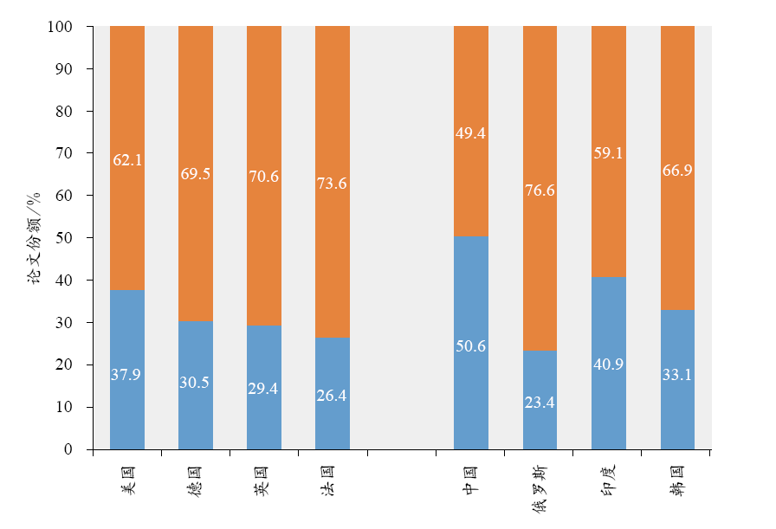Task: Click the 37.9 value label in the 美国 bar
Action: click(x=126, y=375)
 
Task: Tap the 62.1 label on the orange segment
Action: click(x=127, y=159)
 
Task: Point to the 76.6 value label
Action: click(x=540, y=190)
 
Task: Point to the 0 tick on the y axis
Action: click(x=77, y=449)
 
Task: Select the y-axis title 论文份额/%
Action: click(x=34, y=238)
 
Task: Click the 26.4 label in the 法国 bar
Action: click(x=333, y=396)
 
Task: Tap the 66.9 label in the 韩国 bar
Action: click(x=677, y=171)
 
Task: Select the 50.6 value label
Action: click(x=471, y=346)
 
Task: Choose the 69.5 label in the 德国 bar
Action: click(x=196, y=174)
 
